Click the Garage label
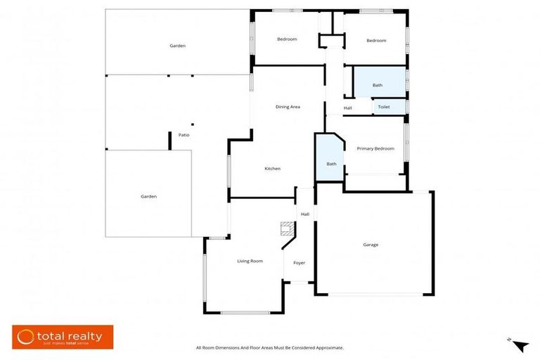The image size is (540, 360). coord(371,245)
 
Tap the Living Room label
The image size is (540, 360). coord(250,261)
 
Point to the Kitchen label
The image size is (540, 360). coord(272,169)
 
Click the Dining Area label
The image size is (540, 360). coord(288,107)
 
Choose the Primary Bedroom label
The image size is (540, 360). coord(375,148)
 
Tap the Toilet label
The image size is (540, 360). coord(384,107)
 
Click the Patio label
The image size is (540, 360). coord(184,135)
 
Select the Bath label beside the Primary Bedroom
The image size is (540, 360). coord(331,164)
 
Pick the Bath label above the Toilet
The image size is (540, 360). coord(378,85)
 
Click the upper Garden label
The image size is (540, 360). coord(177,46)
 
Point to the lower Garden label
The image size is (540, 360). coord(148,196)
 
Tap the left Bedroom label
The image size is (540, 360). coord(287,39)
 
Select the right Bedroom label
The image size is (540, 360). coord(376,40)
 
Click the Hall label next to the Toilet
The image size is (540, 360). coord(348,108)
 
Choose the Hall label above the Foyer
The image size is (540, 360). coord(305,214)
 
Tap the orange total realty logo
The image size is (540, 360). coord(63,337)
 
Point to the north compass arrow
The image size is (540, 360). coord(520,345)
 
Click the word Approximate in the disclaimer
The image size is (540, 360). coord(326,348)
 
